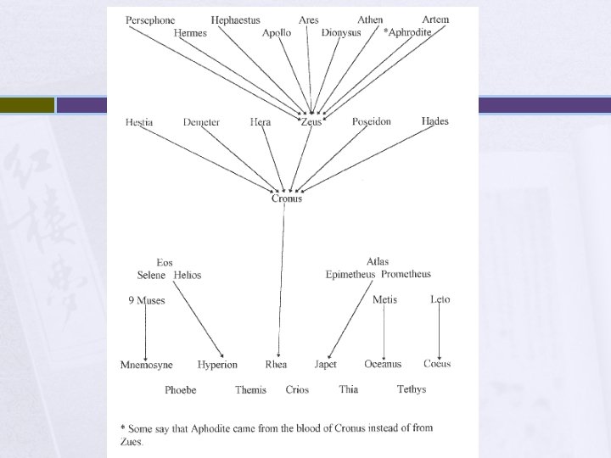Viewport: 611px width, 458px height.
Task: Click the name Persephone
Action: click(152, 20)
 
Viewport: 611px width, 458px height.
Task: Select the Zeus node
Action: click(311, 122)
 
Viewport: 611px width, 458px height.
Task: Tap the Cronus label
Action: click(287, 198)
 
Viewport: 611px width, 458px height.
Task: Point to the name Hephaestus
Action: click(235, 20)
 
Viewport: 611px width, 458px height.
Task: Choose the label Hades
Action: click(434, 121)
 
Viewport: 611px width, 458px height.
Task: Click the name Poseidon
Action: click(372, 122)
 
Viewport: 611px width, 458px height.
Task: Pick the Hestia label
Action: click(139, 122)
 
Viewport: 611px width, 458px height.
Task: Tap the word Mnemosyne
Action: click(146, 365)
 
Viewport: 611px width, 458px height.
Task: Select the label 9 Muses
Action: click(147, 300)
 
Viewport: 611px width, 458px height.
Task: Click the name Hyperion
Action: click(217, 365)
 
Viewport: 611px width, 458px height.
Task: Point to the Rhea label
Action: click(276, 365)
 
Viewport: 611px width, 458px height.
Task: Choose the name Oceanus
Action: click(383, 365)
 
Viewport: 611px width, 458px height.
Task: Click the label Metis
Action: click(384, 299)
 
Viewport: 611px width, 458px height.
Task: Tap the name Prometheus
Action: click(406, 275)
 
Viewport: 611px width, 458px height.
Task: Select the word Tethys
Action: click(412, 389)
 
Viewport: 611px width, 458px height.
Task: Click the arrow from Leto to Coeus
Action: click(439, 331)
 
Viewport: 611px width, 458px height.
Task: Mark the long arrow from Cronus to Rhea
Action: click(283, 280)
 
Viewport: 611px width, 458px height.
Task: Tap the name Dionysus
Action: click(341, 33)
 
